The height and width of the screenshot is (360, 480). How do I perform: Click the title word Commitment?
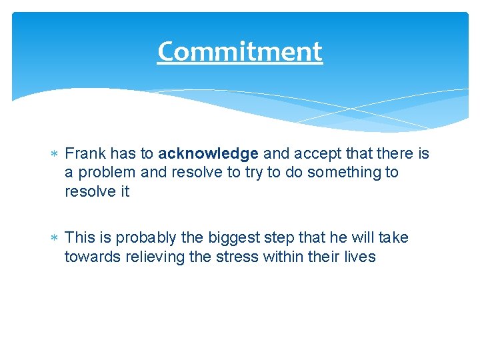pyautogui.click(x=240, y=51)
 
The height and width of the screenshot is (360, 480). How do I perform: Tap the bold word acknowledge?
pyautogui.click(x=209, y=154)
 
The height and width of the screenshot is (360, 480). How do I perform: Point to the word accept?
pyautogui.click(x=315, y=154)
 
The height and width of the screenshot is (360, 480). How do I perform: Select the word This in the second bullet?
pyautogui.click(x=81, y=238)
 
